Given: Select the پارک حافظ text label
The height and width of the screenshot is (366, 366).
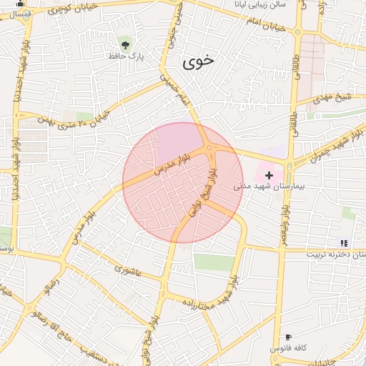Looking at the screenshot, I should coord(127,56).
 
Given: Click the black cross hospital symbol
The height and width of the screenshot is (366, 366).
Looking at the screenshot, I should coord(269,175).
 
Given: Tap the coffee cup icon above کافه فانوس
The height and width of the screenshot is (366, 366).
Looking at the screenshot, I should coord(288,337).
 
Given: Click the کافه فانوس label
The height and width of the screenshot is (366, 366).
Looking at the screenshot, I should coord(288,348).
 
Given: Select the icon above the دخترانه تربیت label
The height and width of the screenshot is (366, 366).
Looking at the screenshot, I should coord(343,243).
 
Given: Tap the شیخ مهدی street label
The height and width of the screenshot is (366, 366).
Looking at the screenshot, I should coord(335,99).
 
